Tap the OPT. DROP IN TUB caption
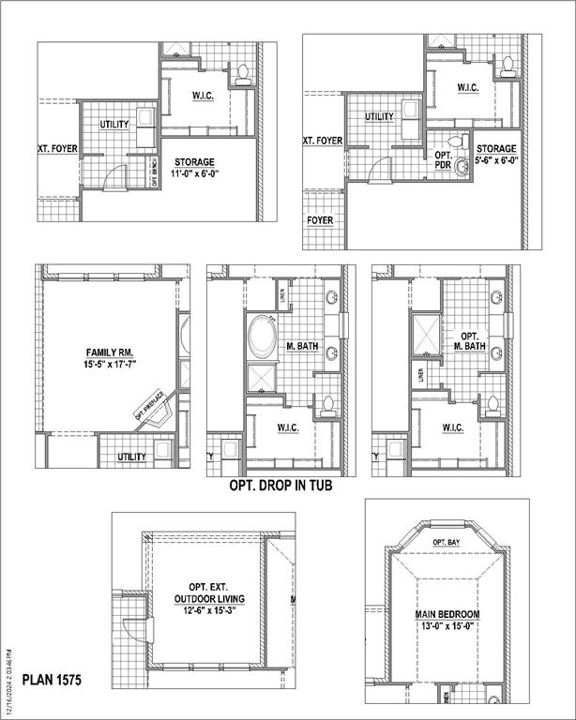tap(280, 487)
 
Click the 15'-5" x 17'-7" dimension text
tap(108, 367)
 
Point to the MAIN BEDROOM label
tap(447, 615)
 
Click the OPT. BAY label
tap(446, 543)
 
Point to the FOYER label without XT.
tap(321, 221)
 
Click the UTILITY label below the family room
tap(131, 457)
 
